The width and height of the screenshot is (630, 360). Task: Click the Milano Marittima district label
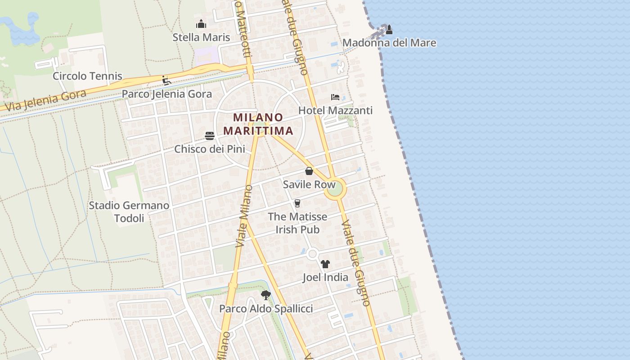point(258,124)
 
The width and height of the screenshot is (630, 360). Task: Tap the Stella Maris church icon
point(201,24)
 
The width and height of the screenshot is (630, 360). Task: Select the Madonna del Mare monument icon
point(389,30)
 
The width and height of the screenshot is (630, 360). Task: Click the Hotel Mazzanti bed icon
point(335,97)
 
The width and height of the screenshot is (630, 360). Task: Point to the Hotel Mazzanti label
point(336,110)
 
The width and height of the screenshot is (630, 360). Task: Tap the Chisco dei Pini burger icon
point(210,136)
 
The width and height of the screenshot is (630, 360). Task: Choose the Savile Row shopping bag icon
point(309,171)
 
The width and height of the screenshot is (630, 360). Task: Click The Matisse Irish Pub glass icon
point(297,203)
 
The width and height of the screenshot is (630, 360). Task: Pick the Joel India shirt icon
point(325,264)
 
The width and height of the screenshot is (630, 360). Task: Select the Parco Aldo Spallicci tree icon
point(266,295)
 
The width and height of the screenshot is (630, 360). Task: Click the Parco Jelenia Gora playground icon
point(166,81)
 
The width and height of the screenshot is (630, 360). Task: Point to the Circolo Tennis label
point(87,76)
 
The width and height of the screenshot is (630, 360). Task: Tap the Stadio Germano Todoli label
point(129,212)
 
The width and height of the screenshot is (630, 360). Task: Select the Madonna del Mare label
point(389,43)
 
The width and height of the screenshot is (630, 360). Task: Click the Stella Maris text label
point(201,37)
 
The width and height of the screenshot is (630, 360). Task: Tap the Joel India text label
point(325,277)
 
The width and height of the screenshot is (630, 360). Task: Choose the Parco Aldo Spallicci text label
point(266,309)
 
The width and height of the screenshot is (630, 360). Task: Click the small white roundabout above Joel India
point(312,254)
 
